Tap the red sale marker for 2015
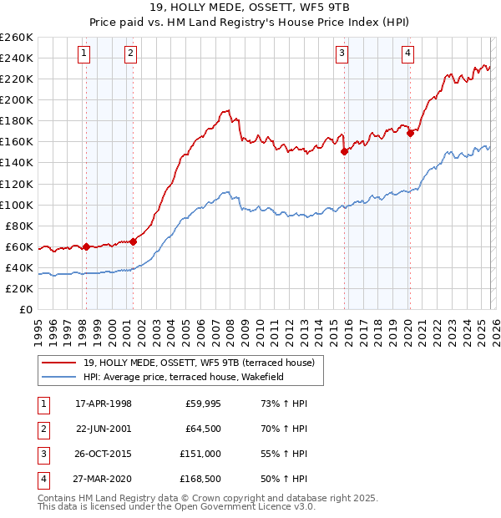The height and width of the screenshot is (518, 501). [x=344, y=151]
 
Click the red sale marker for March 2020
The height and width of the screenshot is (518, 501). [x=410, y=133]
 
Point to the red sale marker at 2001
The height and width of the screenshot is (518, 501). [x=133, y=241]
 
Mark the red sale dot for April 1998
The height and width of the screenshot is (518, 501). [x=86, y=246]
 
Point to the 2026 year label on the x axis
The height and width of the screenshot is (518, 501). [x=493, y=326]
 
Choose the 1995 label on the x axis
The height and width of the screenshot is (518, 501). [x=38, y=326]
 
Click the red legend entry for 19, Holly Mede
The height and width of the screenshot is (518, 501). [x=199, y=363]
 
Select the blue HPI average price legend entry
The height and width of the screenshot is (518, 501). [x=184, y=377]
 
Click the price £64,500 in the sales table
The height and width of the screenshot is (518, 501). [x=203, y=429]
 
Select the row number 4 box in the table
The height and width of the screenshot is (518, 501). [x=42, y=479]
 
